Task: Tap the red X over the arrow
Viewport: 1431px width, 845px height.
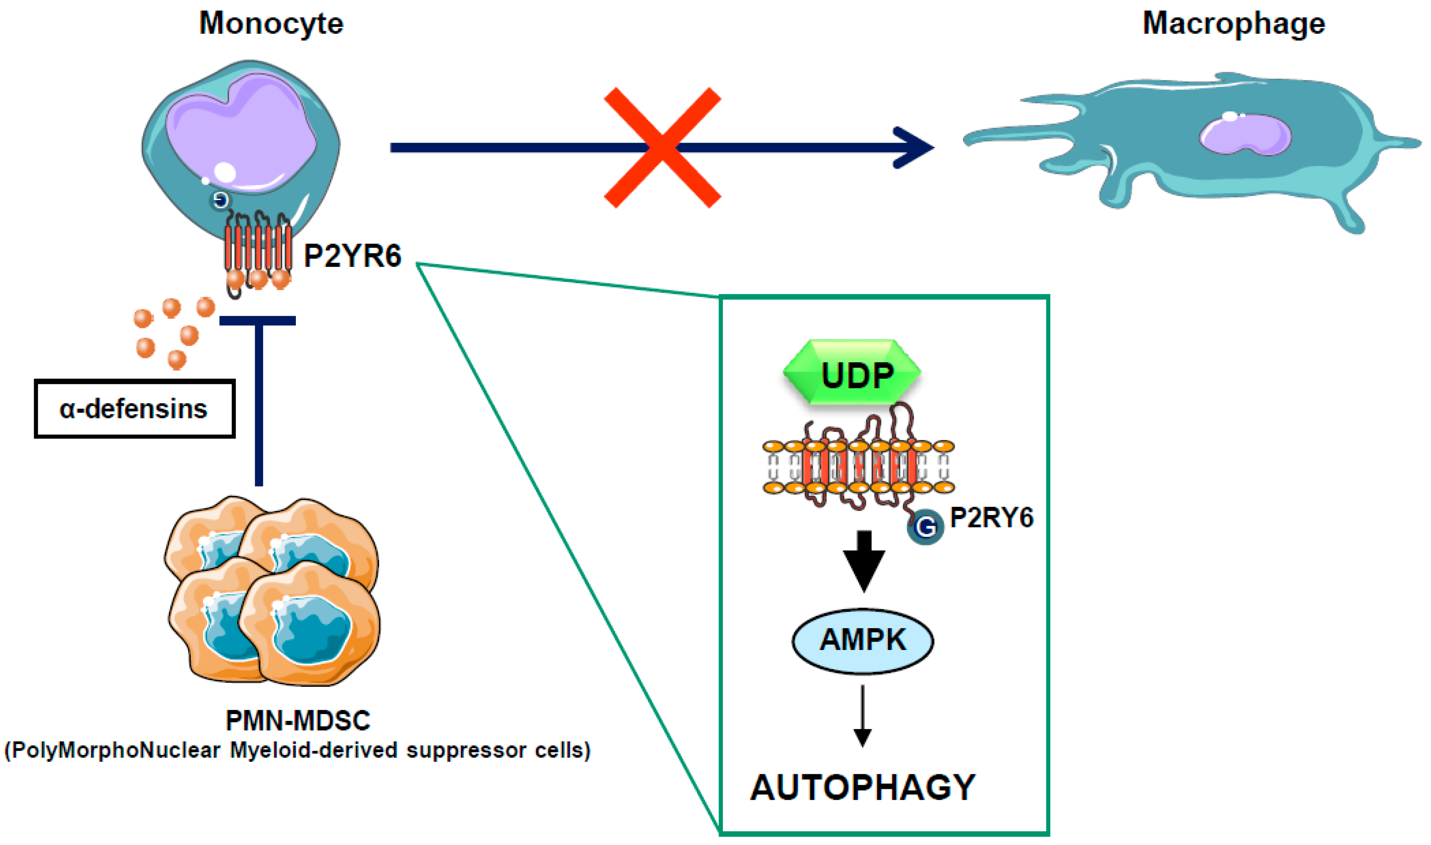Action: coord(662,148)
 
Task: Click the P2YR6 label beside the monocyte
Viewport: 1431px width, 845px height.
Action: coord(352,256)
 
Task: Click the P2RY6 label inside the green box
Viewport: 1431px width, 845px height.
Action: coord(992,518)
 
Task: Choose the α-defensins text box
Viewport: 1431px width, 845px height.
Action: coord(134,409)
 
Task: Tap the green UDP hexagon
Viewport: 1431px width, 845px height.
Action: coord(852,373)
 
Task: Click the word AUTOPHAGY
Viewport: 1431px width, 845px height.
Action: coord(863,788)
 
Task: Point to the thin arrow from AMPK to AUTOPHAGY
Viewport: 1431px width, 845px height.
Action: coord(863,717)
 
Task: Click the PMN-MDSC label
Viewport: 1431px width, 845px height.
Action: coord(298,721)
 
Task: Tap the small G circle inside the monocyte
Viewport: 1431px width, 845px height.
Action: coord(221,200)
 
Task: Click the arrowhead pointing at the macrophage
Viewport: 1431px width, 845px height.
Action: coord(914,148)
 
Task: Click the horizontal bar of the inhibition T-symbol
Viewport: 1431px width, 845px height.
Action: coord(258,321)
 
